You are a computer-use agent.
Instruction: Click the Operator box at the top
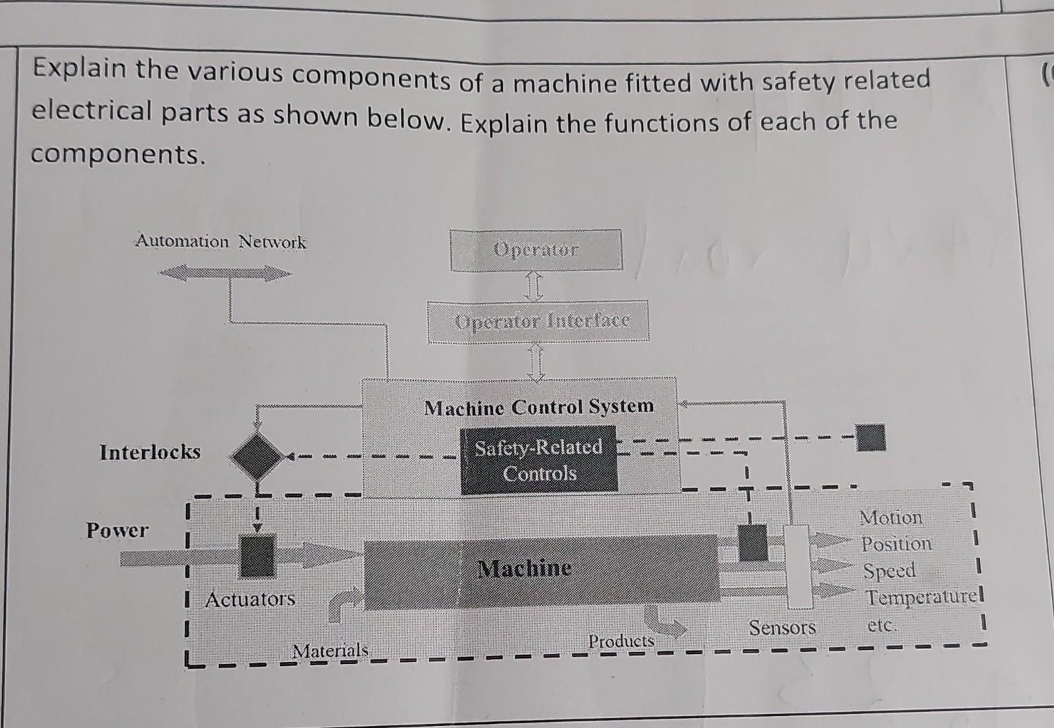[x=536, y=250]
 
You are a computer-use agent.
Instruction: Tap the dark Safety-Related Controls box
[x=538, y=460]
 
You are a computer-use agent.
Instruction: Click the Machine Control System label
[x=538, y=407]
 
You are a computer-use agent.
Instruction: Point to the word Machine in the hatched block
[x=524, y=568]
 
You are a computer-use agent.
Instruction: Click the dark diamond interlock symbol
[x=256, y=457]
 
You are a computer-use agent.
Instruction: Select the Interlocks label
[x=150, y=452]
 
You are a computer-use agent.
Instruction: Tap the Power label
[x=117, y=530]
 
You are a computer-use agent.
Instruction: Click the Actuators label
[x=250, y=599]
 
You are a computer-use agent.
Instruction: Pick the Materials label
[x=330, y=651]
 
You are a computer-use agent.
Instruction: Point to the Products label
[x=621, y=641]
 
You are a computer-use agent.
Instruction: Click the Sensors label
[x=782, y=628]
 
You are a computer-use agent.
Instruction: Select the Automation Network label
[x=221, y=241]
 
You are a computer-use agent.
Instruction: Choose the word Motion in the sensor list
[x=891, y=518]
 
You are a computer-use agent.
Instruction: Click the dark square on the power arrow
[x=257, y=556]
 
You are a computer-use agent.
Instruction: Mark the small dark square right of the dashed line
[x=870, y=437]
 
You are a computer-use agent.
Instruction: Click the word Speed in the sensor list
[x=890, y=571]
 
